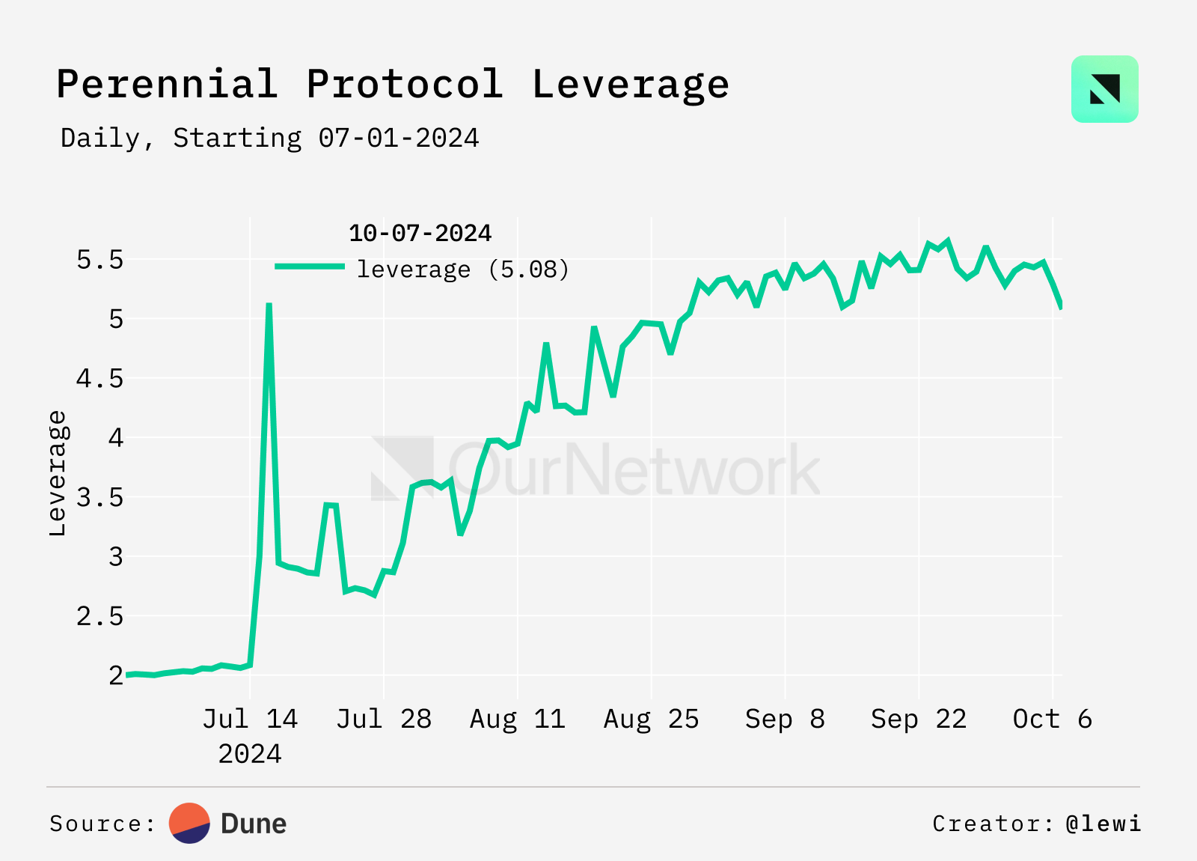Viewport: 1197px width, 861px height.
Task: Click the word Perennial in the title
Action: (167, 84)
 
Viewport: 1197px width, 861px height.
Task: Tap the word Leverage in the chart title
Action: (630, 84)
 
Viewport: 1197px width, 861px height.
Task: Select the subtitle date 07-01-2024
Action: (398, 139)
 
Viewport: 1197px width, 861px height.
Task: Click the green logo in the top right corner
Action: (1104, 89)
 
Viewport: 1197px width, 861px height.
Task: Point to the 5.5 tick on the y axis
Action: (100, 260)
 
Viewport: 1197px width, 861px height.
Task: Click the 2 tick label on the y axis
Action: (116, 675)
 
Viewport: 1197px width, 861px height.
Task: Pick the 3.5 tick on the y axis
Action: (100, 497)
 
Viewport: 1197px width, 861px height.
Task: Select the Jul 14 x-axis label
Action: (250, 719)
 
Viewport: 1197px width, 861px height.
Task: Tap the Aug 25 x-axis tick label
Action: (651, 719)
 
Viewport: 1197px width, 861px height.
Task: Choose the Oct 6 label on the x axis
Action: (1052, 719)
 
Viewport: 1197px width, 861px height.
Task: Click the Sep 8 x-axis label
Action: (785, 719)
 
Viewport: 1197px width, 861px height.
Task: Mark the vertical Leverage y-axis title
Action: (58, 473)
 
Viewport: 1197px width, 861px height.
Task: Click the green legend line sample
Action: (310, 267)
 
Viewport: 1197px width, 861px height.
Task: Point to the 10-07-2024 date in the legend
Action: (420, 234)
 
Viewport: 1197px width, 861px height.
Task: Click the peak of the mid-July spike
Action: (269, 305)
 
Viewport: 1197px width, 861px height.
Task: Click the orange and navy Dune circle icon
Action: (190, 824)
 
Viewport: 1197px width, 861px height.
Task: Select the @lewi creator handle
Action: (1103, 824)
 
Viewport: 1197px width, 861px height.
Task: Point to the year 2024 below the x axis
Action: (250, 754)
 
